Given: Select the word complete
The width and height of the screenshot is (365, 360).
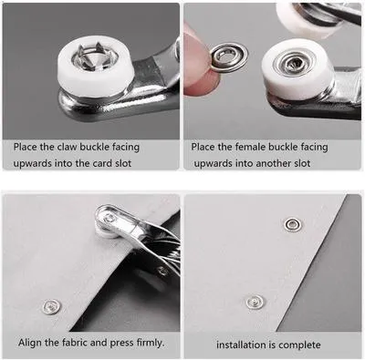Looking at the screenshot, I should pyautogui.click(x=301, y=345).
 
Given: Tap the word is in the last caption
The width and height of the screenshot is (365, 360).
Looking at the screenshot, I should pyautogui.click(x=273, y=345).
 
